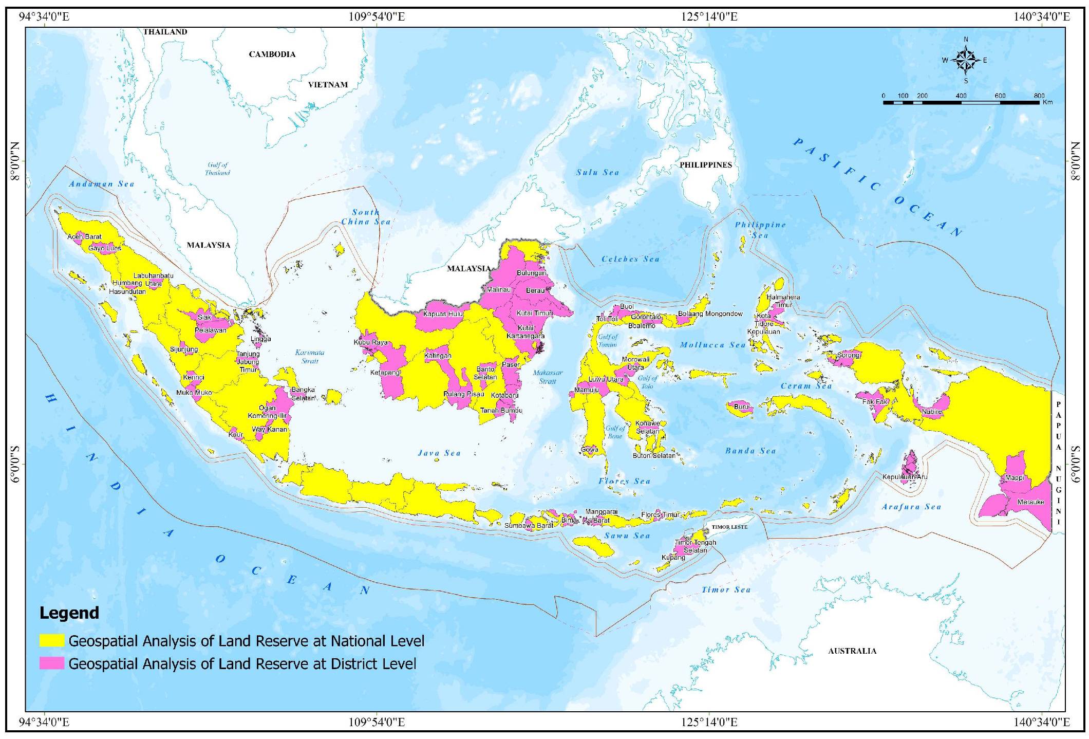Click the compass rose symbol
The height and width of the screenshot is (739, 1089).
click(966, 61)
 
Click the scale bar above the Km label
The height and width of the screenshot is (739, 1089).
click(961, 103)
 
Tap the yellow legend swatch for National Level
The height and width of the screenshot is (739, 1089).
click(52, 640)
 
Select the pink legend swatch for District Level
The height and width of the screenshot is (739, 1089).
click(52, 663)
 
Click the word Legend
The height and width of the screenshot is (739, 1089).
click(69, 613)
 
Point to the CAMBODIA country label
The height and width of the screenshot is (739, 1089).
click(272, 54)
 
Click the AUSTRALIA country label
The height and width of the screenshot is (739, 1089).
click(852, 651)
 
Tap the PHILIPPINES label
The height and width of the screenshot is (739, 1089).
click(705, 165)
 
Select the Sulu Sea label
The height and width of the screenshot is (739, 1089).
click(597, 173)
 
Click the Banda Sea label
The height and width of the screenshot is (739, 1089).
click(750, 451)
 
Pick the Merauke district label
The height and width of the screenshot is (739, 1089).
click(1030, 502)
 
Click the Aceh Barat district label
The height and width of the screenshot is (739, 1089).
click(85, 237)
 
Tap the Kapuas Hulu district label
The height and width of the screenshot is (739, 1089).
click(443, 313)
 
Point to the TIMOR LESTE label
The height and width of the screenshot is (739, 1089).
click(729, 527)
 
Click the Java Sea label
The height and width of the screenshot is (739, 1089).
click(439, 453)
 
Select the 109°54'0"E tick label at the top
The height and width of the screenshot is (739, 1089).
click(377, 16)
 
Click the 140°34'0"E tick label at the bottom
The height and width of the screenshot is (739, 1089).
click(1041, 722)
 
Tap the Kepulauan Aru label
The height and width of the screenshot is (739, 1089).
click(905, 477)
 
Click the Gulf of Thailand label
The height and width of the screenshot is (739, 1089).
click(217, 169)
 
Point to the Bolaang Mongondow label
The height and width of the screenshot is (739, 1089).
click(710, 313)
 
